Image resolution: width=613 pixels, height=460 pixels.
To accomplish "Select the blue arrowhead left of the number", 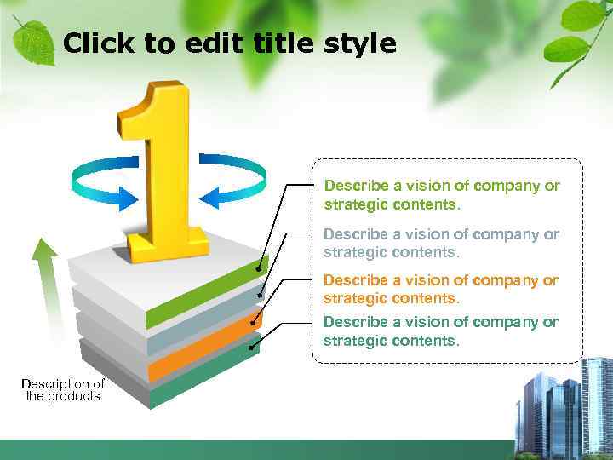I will [x=125, y=198].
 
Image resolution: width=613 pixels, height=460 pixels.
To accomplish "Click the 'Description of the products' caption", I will [x=63, y=390].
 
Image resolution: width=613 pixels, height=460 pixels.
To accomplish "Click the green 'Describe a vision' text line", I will [x=442, y=186].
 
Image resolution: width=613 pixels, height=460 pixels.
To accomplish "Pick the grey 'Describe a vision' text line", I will [x=441, y=234].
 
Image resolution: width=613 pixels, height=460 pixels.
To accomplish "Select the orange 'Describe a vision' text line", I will [x=441, y=280].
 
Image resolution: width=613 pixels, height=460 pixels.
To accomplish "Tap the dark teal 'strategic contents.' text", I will [x=391, y=342].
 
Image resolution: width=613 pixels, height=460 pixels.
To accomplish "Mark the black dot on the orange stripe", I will [x=253, y=321].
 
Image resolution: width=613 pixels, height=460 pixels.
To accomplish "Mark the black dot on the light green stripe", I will [x=259, y=268].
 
